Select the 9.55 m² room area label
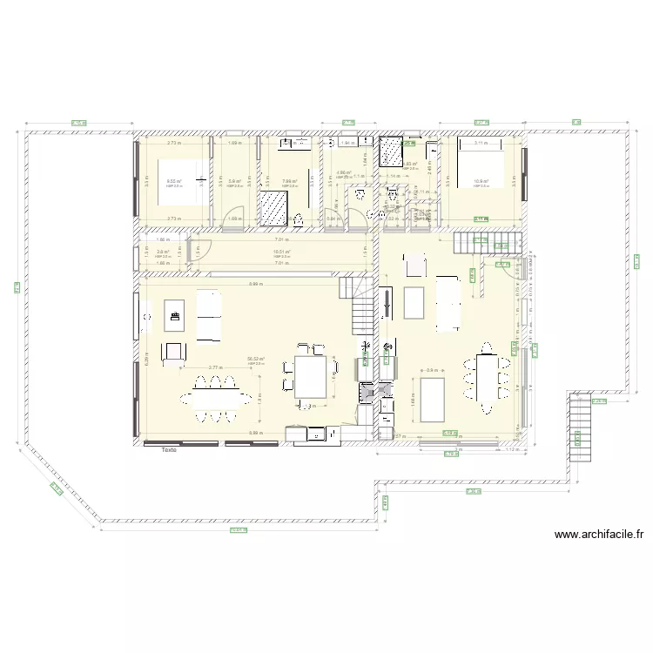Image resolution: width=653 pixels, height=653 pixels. coord(174,182)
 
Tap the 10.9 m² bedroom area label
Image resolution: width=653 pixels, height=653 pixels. coord(481,182)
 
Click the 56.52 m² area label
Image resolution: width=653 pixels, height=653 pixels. coord(255,359)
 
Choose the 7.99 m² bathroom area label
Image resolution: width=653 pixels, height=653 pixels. coord(289,182)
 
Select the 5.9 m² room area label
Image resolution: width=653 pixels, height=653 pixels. coord(234,182)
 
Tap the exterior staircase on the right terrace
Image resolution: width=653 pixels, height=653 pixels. coord(579,431)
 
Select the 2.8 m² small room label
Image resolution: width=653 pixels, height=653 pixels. coord(162,252)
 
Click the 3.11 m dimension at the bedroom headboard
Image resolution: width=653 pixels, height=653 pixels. coord(481,142)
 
